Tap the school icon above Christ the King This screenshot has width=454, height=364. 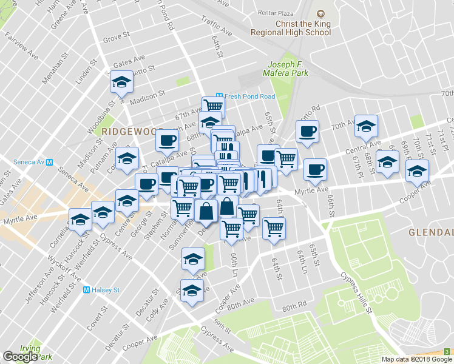tap(320, 13)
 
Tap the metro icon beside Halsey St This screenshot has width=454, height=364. tap(87, 290)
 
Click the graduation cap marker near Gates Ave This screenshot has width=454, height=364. tap(121, 82)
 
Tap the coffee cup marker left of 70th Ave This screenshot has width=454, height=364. tap(308, 132)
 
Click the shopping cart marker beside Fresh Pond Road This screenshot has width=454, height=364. tap(213, 107)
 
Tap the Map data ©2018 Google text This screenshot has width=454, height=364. tap(410, 359)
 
